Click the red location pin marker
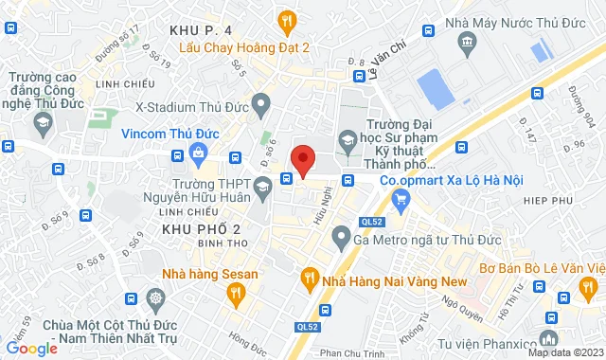click(303, 159)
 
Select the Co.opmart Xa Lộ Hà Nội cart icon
click(401, 197)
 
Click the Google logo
click(31, 348)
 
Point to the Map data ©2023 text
click(563, 353)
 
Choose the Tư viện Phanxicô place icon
click(547, 338)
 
